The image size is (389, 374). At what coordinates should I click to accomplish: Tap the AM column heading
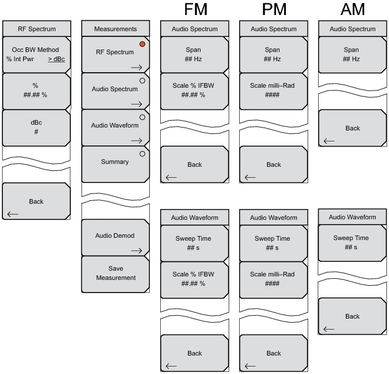coord(352,10)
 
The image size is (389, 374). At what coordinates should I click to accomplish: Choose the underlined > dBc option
coord(56,58)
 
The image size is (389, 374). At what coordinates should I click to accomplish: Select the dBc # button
coord(36,127)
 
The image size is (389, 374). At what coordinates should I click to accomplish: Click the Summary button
coord(115,162)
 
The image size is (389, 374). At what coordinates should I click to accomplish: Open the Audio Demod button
coord(115,236)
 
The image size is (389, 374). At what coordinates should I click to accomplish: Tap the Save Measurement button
coord(115,273)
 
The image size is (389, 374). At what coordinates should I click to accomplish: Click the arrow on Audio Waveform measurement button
coord(136,140)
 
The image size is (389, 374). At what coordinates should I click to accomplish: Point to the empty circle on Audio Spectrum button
coord(141,81)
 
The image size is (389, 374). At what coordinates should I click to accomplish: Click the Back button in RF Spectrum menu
coord(36,201)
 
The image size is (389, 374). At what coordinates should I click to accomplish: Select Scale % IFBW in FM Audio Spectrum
coord(194,91)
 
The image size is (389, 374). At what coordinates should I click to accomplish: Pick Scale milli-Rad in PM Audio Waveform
coord(273,279)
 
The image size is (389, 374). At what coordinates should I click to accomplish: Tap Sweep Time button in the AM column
coord(352,242)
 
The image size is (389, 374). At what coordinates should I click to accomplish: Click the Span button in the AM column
coord(352,54)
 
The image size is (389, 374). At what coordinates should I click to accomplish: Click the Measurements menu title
coord(115,29)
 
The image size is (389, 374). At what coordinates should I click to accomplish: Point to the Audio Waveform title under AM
coord(352,218)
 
